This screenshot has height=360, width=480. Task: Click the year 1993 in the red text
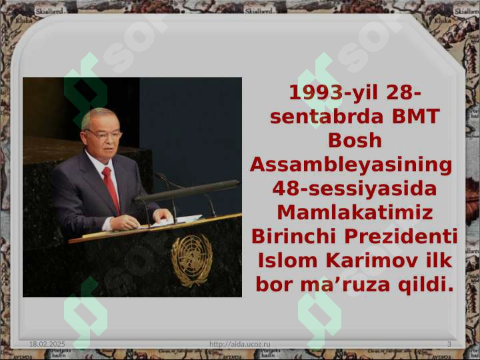click(315, 93)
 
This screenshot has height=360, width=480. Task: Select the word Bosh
click(355, 141)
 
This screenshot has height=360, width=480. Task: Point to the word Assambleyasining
click(351, 165)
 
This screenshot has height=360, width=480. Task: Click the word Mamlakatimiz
click(355, 213)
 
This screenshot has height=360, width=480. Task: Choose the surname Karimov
click(371, 261)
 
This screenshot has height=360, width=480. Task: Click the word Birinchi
click(294, 237)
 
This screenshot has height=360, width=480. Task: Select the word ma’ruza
click(345, 285)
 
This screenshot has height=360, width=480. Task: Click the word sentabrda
click(327, 117)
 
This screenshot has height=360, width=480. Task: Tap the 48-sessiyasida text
click(355, 189)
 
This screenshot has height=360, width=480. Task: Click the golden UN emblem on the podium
click(191, 260)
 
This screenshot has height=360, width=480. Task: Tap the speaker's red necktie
click(111, 190)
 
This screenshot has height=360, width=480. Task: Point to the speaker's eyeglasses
click(103, 135)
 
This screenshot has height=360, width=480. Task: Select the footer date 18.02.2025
click(47, 344)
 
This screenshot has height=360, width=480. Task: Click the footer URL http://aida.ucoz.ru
click(240, 344)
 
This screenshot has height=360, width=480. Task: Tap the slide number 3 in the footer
click(449, 344)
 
